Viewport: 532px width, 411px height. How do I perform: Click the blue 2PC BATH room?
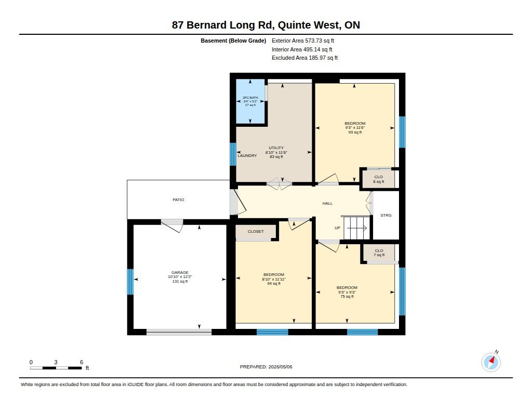250,101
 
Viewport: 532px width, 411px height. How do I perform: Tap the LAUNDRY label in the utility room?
247,156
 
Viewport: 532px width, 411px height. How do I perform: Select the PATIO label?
179,200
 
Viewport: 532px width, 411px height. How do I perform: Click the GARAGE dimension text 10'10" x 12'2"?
180,277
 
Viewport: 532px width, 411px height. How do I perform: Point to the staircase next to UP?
357,228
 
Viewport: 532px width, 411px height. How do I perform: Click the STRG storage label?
386,216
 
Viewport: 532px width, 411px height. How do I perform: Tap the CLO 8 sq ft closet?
379,179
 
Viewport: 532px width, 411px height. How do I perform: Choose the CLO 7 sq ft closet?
379,253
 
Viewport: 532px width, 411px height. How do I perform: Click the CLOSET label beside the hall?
256,231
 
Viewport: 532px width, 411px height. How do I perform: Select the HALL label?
327,204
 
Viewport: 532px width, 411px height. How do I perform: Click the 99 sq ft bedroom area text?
355,132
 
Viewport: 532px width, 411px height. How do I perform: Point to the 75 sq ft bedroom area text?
347,297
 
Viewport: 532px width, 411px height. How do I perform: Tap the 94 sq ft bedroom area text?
274,284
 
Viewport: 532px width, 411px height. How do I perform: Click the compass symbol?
491,362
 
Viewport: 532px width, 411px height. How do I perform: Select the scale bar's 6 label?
82,362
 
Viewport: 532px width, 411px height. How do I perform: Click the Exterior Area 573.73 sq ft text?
303,41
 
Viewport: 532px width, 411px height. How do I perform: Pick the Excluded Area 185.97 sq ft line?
304,58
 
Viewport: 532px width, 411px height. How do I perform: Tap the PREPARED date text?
266,367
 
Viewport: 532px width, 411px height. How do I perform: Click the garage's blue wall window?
130,282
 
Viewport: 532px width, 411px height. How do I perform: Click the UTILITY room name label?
276,148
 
